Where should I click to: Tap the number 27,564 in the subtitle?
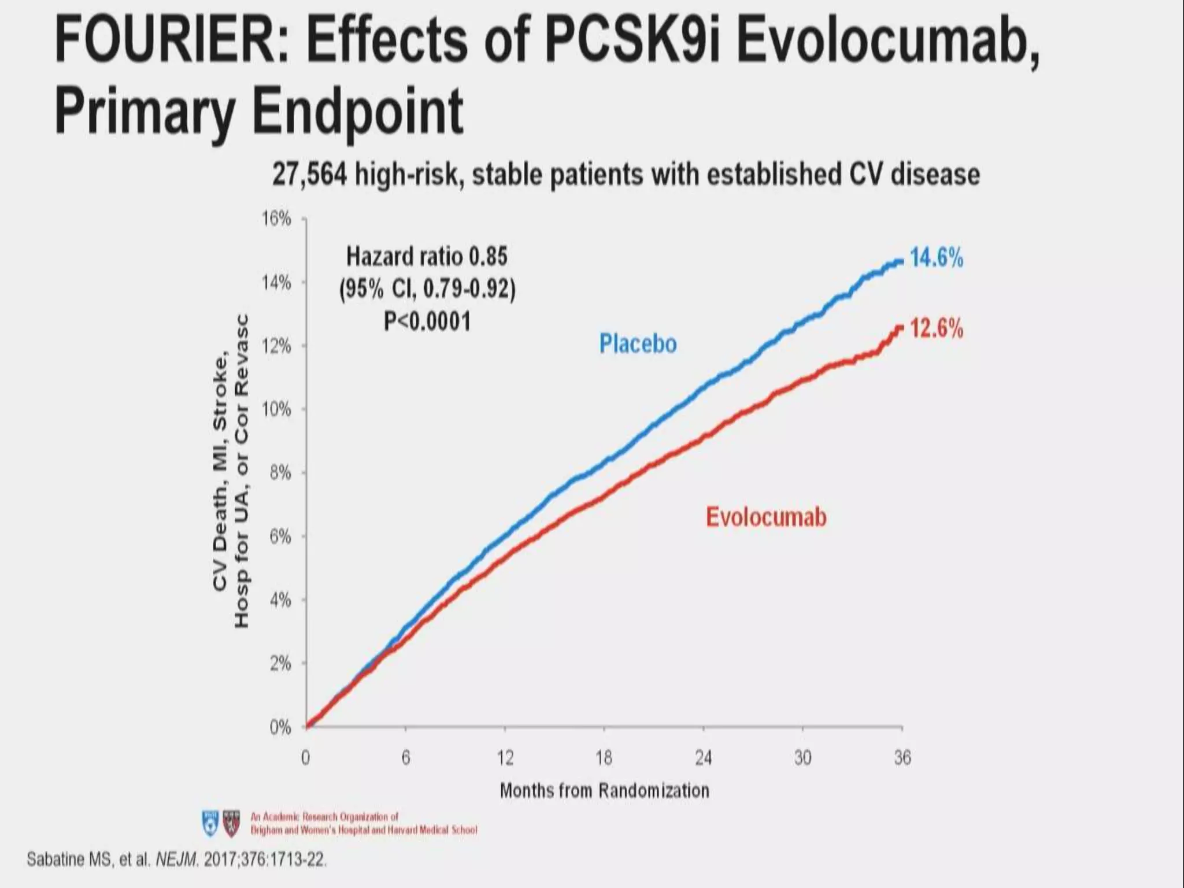[x=309, y=175]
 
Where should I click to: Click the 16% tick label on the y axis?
[x=276, y=219]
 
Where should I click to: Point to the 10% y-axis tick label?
[x=276, y=410]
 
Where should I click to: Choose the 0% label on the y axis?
[x=280, y=727]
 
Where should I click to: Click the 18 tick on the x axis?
[x=604, y=757]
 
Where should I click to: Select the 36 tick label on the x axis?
[x=902, y=757]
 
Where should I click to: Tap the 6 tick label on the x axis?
[x=406, y=757]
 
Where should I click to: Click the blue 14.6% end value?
[x=937, y=258]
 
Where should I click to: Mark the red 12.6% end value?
[x=937, y=329]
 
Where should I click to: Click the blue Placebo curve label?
[x=638, y=344]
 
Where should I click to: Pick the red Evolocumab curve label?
[x=766, y=517]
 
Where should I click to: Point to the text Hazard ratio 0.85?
[x=427, y=256]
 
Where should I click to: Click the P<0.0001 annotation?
[x=427, y=321]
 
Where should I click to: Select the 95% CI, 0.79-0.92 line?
[x=427, y=288]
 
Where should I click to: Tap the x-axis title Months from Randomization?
[x=604, y=790]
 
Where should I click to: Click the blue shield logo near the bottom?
[x=210, y=823]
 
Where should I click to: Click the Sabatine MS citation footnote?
[x=176, y=860]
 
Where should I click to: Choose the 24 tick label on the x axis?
[x=704, y=757]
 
